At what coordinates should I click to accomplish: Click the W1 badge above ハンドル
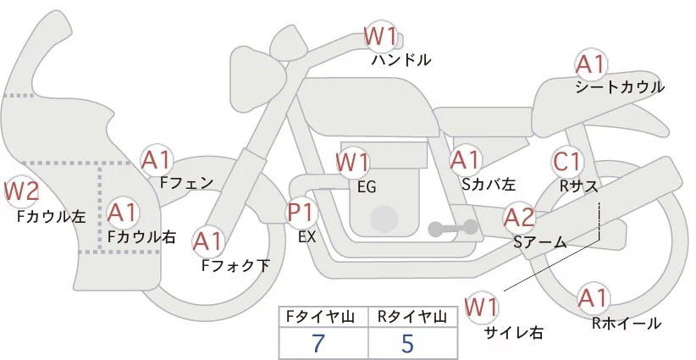380,36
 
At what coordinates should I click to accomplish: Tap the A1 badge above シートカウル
590,64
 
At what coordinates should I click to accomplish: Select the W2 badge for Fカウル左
22,191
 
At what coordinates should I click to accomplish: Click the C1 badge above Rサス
567,161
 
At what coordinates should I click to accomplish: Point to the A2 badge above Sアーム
519,218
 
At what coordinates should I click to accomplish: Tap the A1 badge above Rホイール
592,298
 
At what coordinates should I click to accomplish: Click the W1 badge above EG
353,162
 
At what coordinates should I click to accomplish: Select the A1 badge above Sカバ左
466,158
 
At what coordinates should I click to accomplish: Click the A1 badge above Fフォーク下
208,241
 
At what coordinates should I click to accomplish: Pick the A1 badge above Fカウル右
123,211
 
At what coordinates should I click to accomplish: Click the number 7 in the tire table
318,344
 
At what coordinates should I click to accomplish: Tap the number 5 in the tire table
407,344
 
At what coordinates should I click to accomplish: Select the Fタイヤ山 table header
323,317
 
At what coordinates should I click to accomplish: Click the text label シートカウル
619,87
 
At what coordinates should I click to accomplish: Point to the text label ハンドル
401,60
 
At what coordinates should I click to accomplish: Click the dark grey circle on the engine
385,218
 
